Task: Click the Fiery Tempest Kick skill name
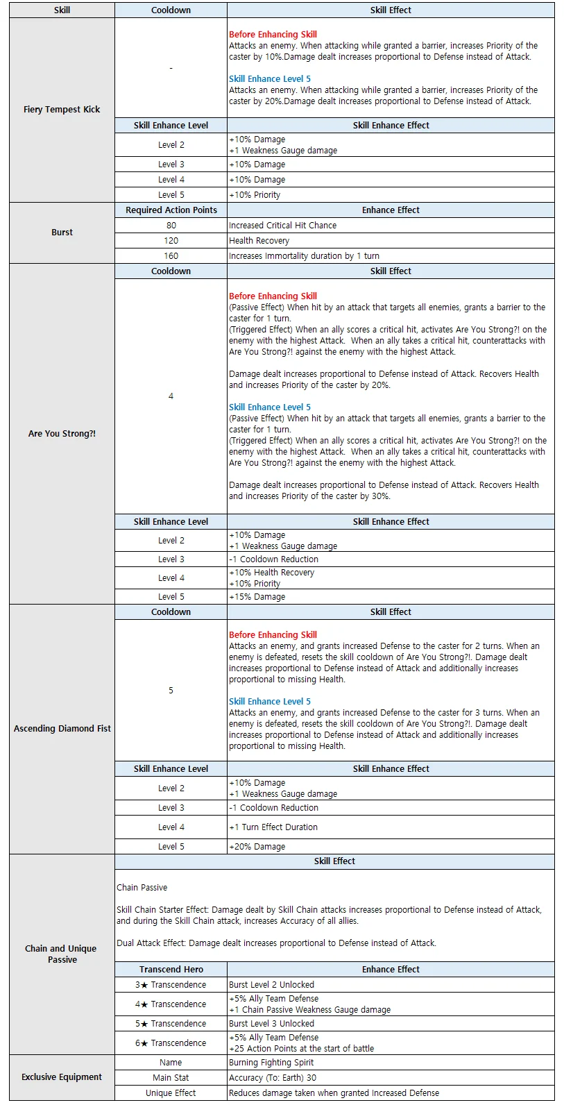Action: click(62, 110)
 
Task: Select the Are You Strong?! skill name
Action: click(62, 434)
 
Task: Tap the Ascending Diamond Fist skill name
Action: click(62, 729)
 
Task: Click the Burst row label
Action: click(62, 233)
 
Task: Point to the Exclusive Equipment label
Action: click(62, 1077)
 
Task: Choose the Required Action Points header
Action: click(171, 210)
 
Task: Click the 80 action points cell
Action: click(171, 226)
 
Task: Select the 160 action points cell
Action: click(171, 256)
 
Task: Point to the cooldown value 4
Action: click(171, 396)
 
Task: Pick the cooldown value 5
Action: click(171, 691)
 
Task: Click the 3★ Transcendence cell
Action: click(171, 985)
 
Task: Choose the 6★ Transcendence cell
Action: click(171, 1043)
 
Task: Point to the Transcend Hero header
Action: click(171, 970)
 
